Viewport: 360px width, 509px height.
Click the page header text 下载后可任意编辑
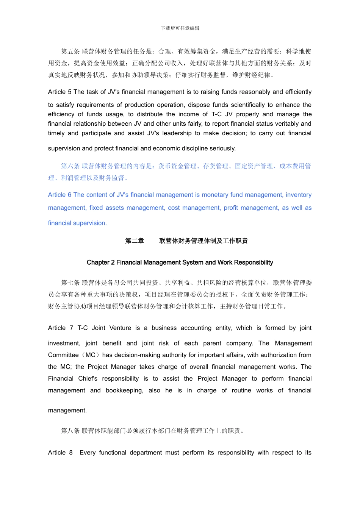180,28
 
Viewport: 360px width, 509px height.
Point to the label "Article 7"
61,328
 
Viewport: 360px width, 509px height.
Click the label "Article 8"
60,453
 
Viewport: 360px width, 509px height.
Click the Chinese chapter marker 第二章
135,241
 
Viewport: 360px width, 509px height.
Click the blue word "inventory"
299,195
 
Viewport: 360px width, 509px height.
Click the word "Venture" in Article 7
120,328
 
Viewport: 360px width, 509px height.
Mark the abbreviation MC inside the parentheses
91,355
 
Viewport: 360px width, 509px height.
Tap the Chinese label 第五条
70,52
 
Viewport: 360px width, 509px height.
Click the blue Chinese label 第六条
70,166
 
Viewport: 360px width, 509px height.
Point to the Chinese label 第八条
70,431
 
